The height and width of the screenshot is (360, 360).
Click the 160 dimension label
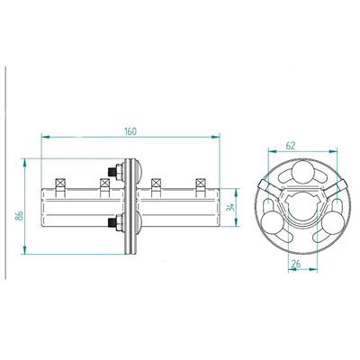click(x=130, y=131)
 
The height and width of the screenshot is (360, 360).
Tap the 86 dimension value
click(x=19, y=215)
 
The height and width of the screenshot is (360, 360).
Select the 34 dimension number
click(x=231, y=207)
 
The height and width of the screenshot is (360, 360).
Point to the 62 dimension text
click(x=291, y=146)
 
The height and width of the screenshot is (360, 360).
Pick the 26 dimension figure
click(x=296, y=264)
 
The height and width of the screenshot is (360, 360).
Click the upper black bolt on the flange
click(x=112, y=172)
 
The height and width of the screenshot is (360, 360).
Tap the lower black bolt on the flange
click(x=112, y=222)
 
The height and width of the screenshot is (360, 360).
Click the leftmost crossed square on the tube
click(x=60, y=183)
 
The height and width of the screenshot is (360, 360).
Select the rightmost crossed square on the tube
click(x=200, y=183)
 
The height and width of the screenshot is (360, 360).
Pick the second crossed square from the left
click(x=104, y=183)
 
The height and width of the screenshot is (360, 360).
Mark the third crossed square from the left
click(x=156, y=183)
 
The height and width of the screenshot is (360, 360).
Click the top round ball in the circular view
click(x=303, y=172)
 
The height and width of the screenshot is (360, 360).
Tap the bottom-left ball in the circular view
click(x=273, y=223)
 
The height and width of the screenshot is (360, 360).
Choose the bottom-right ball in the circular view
click(x=333, y=223)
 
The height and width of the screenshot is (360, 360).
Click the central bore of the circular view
click(x=303, y=206)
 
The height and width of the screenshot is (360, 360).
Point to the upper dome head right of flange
click(x=139, y=171)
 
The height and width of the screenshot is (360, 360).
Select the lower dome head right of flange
click(x=139, y=222)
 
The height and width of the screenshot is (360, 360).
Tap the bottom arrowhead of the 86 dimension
click(x=24, y=250)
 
